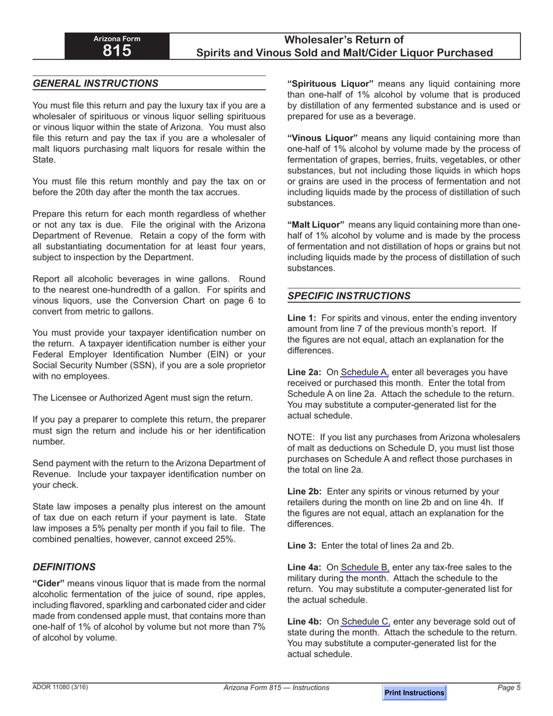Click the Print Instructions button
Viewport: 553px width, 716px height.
(414, 693)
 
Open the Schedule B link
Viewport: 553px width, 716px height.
(365, 568)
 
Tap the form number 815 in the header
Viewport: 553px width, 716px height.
(117, 51)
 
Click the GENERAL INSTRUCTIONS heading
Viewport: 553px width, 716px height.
(95, 83)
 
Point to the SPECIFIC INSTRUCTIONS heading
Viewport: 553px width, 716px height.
(349, 296)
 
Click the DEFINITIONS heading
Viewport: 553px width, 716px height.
(64, 567)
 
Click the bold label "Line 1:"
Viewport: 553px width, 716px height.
(302, 318)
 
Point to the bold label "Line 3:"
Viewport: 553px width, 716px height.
(302, 545)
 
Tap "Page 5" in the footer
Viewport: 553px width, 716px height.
(509, 687)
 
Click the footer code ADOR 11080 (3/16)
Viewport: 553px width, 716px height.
(61, 687)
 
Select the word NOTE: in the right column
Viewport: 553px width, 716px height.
(301, 438)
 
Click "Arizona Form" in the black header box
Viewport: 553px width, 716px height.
(117, 39)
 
